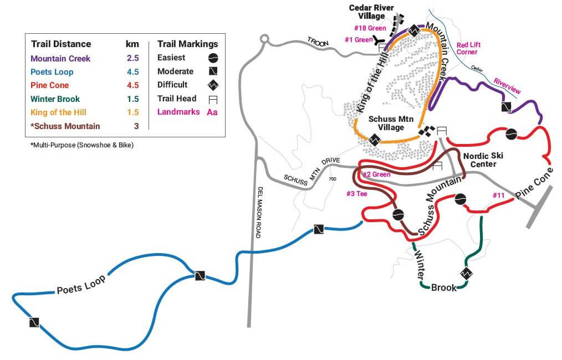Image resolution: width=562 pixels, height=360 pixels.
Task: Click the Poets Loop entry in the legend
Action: click(x=52, y=71)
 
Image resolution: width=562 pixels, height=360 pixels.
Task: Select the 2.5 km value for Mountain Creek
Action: click(x=132, y=58)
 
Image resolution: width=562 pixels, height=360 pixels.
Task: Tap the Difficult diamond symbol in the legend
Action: click(x=213, y=85)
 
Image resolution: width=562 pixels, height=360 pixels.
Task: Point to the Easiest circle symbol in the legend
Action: click(x=213, y=58)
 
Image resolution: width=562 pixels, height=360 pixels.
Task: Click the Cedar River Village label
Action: click(x=371, y=12)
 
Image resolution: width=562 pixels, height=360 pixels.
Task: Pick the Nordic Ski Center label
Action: click(x=483, y=160)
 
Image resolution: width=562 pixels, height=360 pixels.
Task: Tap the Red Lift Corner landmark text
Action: click(x=468, y=48)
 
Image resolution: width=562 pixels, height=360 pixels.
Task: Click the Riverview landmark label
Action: click(x=507, y=86)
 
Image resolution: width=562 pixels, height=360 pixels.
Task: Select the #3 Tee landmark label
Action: click(x=356, y=194)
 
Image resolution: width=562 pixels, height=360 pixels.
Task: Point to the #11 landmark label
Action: click(x=498, y=195)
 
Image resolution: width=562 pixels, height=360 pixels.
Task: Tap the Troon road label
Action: click(x=318, y=42)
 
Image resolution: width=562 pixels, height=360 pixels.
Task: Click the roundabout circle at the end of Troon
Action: click(x=264, y=38)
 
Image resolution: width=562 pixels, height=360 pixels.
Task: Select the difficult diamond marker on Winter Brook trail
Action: click(x=466, y=274)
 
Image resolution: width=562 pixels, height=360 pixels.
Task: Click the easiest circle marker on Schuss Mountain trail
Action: click(x=398, y=214)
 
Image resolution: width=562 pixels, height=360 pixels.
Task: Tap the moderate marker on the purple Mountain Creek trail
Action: click(x=506, y=107)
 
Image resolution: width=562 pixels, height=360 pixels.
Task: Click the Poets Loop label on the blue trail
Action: click(x=81, y=285)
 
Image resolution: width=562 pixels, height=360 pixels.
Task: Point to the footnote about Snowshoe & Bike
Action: click(x=82, y=145)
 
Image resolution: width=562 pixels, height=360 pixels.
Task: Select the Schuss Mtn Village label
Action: click(x=391, y=123)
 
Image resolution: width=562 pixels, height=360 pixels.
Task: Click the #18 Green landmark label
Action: click(x=370, y=28)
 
